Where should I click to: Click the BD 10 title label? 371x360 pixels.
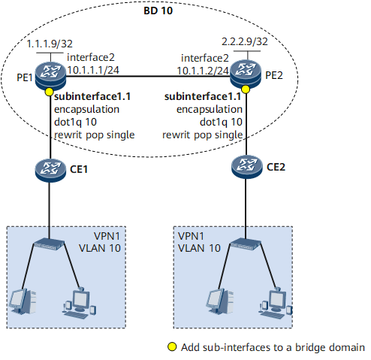point(158,11)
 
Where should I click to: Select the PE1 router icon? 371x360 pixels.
point(50,76)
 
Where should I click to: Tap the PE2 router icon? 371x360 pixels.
point(246,74)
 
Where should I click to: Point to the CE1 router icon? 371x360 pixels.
point(50,170)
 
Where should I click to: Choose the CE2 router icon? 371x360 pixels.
point(247,167)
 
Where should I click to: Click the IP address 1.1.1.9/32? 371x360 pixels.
point(50,44)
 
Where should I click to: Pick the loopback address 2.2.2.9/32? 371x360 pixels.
point(245,41)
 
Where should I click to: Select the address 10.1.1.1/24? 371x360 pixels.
point(93,70)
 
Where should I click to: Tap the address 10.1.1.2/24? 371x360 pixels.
point(203,71)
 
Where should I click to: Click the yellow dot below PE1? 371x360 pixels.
point(49,92)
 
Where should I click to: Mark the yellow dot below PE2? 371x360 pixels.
point(246,89)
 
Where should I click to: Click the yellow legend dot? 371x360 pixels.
point(172,346)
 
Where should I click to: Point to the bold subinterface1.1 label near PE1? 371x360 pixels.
point(92,96)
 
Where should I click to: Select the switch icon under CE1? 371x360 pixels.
point(49,244)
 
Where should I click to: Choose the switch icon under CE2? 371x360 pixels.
point(246,244)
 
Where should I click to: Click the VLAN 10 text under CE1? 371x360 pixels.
point(100,248)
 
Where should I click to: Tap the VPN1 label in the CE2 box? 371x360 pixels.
point(191,236)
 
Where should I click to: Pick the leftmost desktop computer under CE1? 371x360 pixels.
point(23,301)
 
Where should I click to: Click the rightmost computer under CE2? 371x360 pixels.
point(276,303)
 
